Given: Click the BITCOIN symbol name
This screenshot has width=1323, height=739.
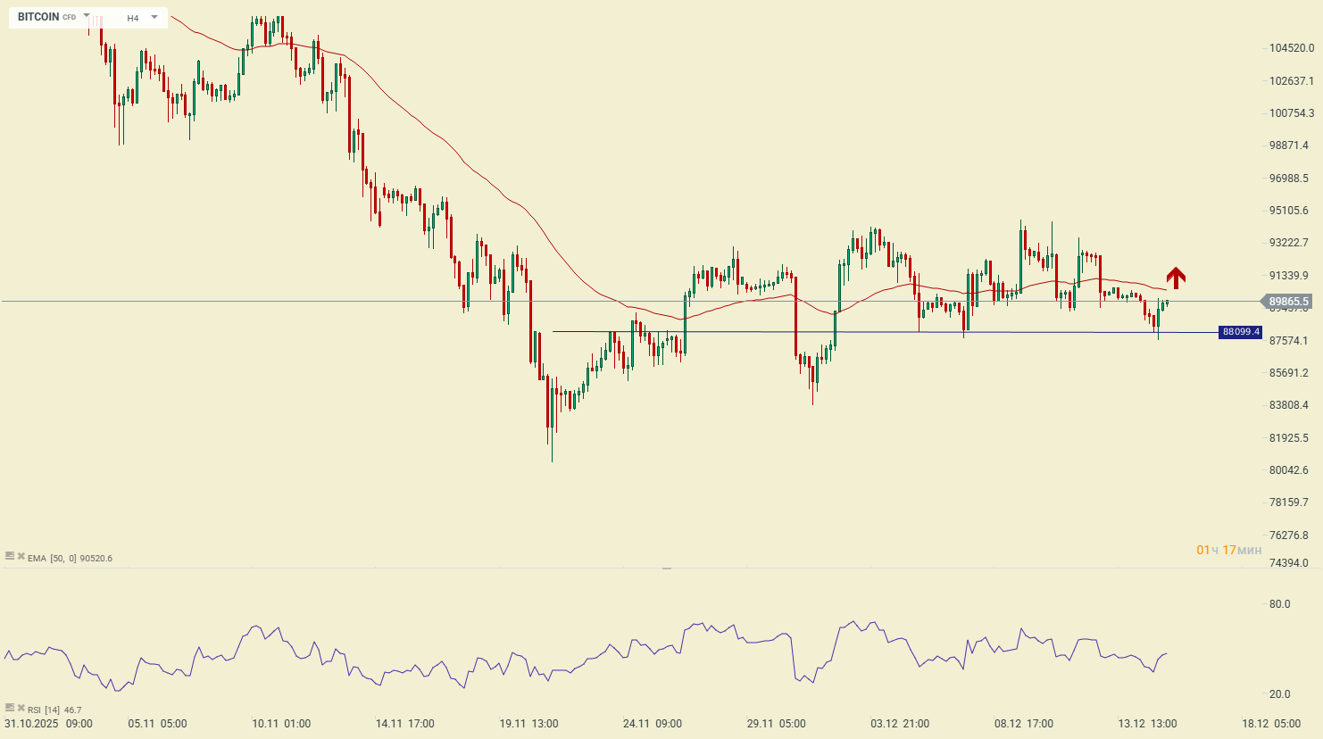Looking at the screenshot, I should click(x=38, y=17).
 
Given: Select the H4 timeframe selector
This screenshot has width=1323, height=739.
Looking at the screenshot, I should click(x=133, y=18).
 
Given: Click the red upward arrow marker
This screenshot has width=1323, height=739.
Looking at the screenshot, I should click(x=1176, y=278).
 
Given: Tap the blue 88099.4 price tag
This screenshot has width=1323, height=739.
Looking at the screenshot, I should click(x=1241, y=332).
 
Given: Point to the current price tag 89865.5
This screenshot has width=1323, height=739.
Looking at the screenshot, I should click(x=1288, y=302).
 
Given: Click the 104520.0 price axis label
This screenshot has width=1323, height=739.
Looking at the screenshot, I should click(x=1291, y=48).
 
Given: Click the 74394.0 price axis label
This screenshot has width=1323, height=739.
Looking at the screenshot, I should click(x=1288, y=563).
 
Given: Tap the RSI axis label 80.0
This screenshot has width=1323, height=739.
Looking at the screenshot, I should click(x=1279, y=604).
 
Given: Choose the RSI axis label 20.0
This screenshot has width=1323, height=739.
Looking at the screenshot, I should click(x=1279, y=694).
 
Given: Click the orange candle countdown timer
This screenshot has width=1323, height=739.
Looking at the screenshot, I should click(x=1229, y=550).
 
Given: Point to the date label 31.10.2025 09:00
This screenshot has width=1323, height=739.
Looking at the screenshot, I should click(x=48, y=724).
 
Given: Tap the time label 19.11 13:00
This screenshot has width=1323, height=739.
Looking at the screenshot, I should click(x=528, y=724).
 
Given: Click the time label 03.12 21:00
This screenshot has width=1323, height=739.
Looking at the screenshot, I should click(x=900, y=724).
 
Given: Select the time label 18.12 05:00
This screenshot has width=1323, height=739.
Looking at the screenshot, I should click(x=1271, y=724).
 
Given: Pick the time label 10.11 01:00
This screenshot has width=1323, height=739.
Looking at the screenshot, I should click(x=281, y=724).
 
